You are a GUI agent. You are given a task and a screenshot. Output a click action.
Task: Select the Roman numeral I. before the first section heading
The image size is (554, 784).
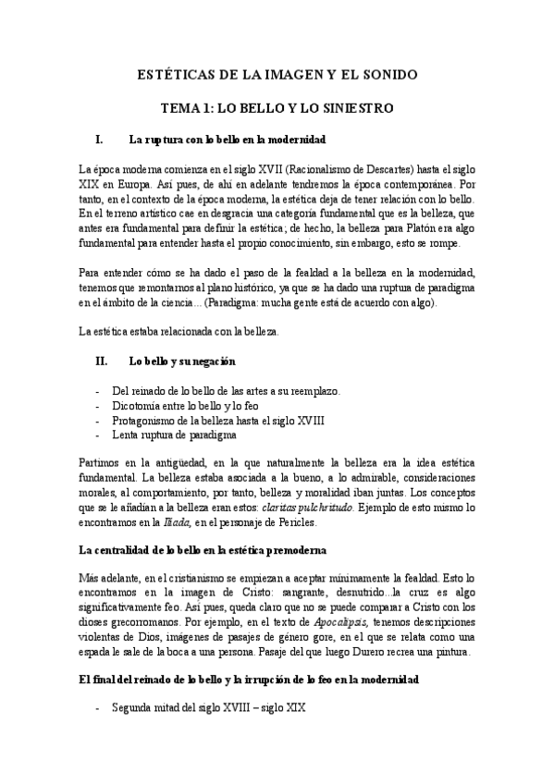(99, 140)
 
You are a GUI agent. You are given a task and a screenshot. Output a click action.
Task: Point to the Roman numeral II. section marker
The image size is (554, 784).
(102, 361)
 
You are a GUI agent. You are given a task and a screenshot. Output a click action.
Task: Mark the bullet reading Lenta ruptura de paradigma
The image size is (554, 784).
(173, 434)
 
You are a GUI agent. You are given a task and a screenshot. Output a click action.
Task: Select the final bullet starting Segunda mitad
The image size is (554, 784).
(207, 710)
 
